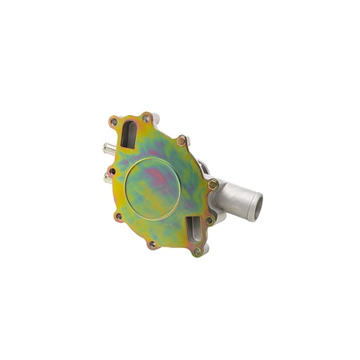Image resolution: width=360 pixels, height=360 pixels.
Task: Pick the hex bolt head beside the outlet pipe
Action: pos(213,185)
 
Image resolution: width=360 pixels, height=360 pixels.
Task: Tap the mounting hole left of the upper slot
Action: pos(114,122)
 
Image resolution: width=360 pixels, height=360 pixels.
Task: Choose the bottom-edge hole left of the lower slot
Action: pos(150,244)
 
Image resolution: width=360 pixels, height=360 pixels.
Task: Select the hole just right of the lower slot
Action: pos(210,222)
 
